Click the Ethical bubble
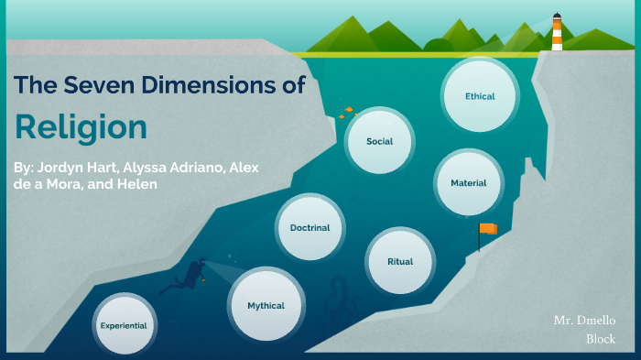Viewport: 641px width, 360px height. click(x=480, y=96)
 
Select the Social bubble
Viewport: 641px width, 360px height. click(x=380, y=142)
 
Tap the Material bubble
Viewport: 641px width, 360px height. click(x=468, y=182)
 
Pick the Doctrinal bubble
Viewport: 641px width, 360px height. click(x=310, y=227)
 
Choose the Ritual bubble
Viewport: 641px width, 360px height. click(x=400, y=261)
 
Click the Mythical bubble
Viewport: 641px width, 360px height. click(x=266, y=305)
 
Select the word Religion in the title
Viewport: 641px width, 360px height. click(x=81, y=127)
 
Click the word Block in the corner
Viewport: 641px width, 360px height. click(x=601, y=339)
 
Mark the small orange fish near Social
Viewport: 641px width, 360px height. click(x=347, y=112)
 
